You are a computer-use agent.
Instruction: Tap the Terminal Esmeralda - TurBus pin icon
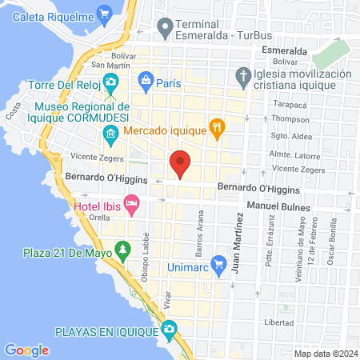coord(165,30)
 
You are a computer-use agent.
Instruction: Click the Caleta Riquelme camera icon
coord(103,13)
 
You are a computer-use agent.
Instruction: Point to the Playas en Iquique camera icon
coord(169,330)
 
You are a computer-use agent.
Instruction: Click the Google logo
coord(26,350)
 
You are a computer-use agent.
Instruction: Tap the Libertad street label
coord(278,322)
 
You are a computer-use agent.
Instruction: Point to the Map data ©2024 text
coord(324,354)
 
